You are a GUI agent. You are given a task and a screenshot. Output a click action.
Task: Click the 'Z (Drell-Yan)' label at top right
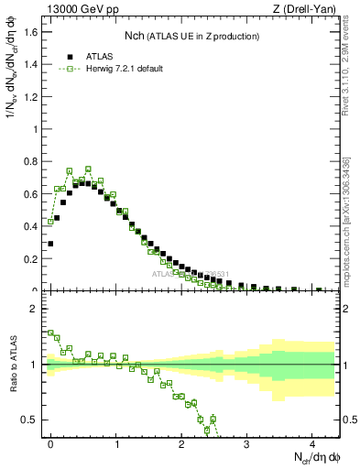308,10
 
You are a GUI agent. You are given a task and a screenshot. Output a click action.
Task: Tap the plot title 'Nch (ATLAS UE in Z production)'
191,36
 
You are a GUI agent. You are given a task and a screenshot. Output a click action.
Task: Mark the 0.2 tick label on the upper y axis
32,258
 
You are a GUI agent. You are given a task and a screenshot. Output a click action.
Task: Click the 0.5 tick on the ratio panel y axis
32,420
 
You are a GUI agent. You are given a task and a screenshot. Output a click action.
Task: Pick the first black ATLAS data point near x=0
50,244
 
